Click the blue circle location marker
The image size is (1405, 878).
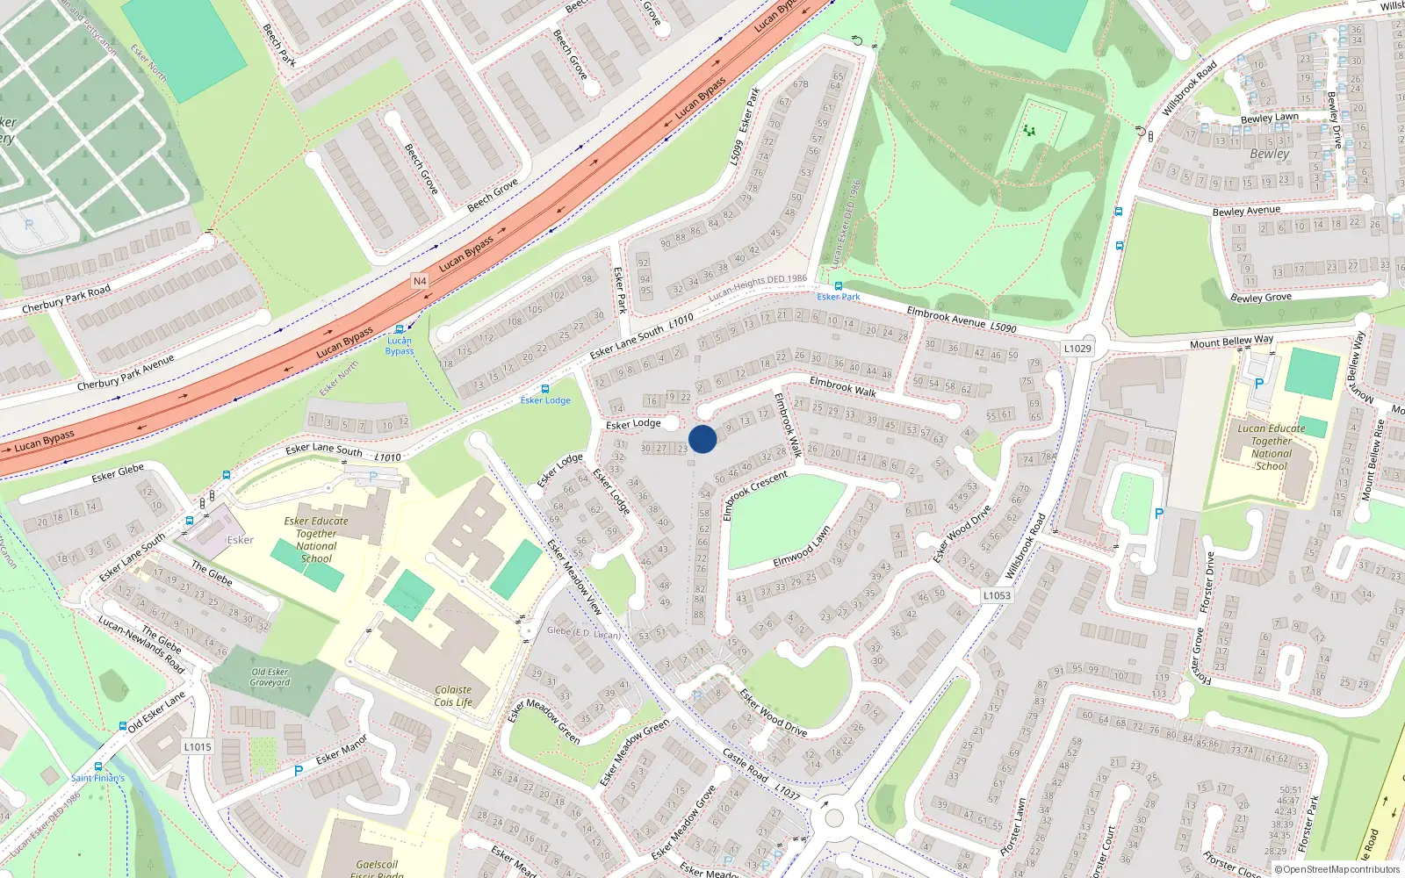[x=702, y=439]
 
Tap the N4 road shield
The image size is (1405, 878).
[x=420, y=281]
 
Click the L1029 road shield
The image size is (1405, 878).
[x=1077, y=349]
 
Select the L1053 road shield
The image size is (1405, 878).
[x=997, y=595]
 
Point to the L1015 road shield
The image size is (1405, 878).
[x=198, y=747]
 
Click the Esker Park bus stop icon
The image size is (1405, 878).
[x=839, y=286]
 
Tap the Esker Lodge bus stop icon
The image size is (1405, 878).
[x=545, y=389]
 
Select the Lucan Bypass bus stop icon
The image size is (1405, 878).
[x=400, y=329]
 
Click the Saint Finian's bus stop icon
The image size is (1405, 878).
[x=123, y=727]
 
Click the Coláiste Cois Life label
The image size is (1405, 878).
[x=453, y=696]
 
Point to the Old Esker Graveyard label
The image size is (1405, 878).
[x=270, y=677]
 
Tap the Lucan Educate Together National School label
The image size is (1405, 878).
[x=1272, y=448]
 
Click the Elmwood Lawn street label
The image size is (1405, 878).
[x=802, y=547]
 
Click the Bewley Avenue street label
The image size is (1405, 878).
[x=1246, y=211]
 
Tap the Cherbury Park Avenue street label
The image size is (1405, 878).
[x=126, y=372]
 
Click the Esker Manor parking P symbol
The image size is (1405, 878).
[x=299, y=771]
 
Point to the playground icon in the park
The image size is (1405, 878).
[x=1029, y=131]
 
